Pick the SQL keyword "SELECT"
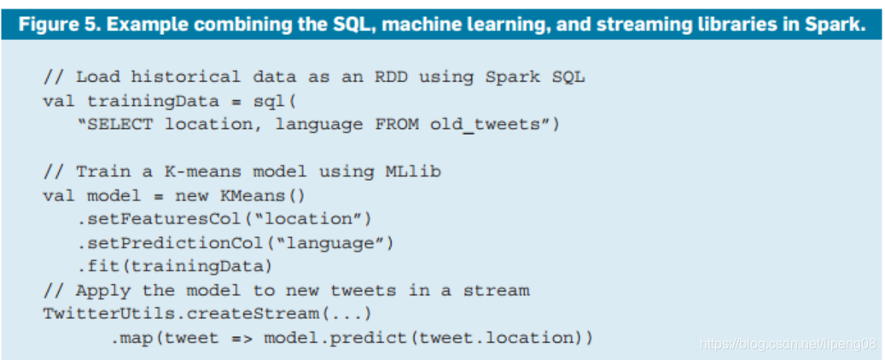119,125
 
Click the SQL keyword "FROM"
397,125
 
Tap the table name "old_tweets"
485,125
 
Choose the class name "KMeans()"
263,196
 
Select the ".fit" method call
98,266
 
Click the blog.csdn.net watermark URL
789,344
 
